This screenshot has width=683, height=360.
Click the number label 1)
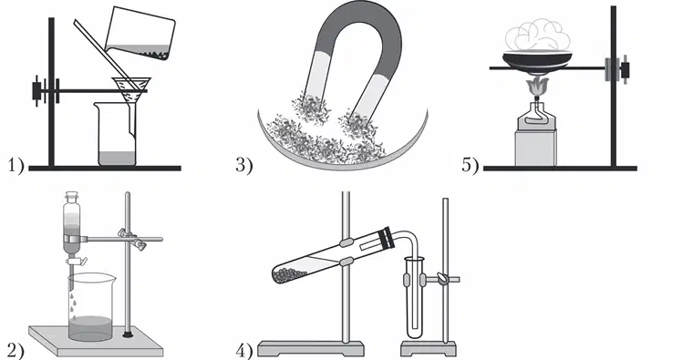pyautogui.click(x=16, y=166)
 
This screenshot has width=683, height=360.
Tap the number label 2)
pyautogui.click(x=16, y=351)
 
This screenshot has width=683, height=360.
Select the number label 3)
pyautogui.click(x=244, y=166)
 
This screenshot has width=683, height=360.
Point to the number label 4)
pyautogui.click(x=244, y=351)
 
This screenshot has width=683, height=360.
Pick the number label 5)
pyautogui.click(x=470, y=166)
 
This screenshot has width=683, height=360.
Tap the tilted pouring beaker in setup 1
pyautogui.click(x=140, y=34)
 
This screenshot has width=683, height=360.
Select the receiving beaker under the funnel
pyautogui.click(x=116, y=134)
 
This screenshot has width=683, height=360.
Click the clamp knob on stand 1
pyautogui.click(x=37, y=91)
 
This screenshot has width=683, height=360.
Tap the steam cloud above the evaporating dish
pyautogui.click(x=538, y=35)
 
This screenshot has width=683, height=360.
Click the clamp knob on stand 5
pyautogui.click(x=625, y=69)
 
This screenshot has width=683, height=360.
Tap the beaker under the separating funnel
pyautogui.click(x=90, y=307)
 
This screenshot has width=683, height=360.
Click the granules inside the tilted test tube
pyautogui.click(x=290, y=274)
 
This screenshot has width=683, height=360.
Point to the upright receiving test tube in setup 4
pyautogui.click(x=414, y=297)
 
